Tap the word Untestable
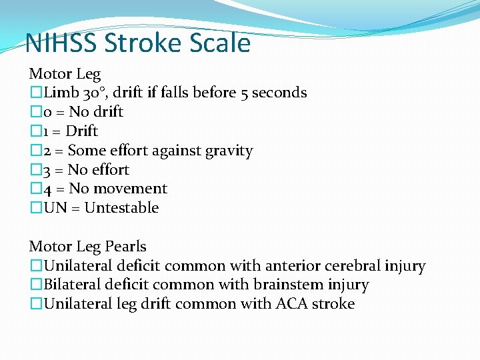point(122,208)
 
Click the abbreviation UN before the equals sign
point(55,208)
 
